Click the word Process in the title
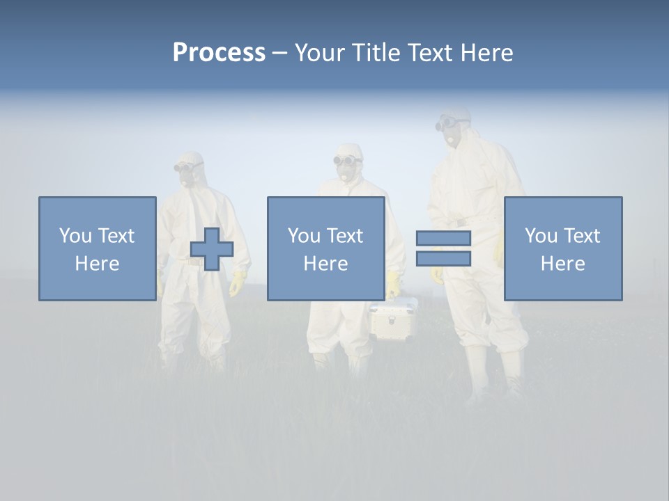point(219,53)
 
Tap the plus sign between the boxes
point(212,249)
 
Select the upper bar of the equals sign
point(443,239)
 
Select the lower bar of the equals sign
point(443,259)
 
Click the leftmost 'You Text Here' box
point(97,248)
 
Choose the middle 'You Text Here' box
point(325,248)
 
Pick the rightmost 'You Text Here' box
point(562,248)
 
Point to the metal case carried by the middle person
point(393,318)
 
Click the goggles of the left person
point(185,167)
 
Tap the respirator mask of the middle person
point(346,173)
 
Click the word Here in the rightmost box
point(562,264)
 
